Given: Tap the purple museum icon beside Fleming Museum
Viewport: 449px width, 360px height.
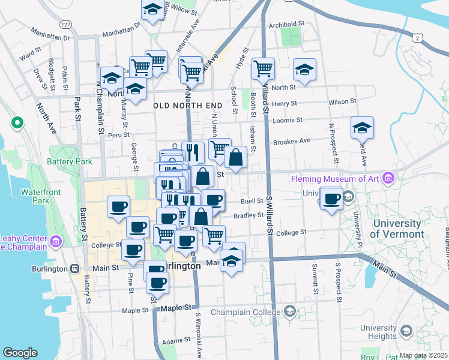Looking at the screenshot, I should click(x=388, y=178).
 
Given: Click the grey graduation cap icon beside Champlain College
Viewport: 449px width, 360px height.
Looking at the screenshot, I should click(x=290, y=311).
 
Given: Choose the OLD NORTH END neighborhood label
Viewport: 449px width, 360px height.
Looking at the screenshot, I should click(x=188, y=106).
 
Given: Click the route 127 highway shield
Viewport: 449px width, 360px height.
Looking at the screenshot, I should click(x=65, y=25).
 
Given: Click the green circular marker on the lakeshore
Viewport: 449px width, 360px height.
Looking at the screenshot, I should click(x=17, y=124).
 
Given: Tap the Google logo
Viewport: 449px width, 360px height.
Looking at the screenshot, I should click(x=20, y=352).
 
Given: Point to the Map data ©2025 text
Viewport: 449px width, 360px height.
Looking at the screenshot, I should click(x=423, y=355).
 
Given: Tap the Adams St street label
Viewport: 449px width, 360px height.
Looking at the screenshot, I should click(x=176, y=340).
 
